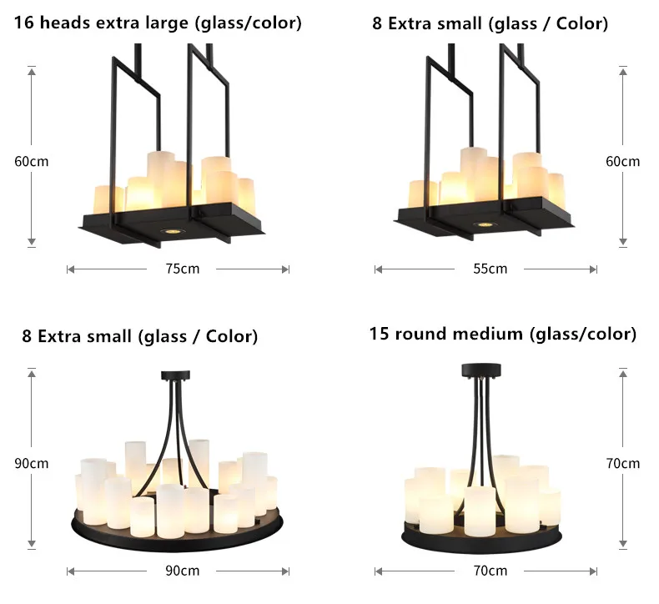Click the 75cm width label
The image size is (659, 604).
178,269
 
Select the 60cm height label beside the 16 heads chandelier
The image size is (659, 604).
32,161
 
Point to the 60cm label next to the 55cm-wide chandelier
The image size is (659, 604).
622,161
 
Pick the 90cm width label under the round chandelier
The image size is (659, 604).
178,571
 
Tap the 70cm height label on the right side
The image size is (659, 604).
622,463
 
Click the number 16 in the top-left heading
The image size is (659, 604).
23,23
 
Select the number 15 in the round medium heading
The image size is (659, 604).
380,335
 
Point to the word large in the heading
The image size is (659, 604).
167,23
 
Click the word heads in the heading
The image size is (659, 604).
63,23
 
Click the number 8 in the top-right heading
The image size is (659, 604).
377,23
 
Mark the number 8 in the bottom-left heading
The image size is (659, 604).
27,336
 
